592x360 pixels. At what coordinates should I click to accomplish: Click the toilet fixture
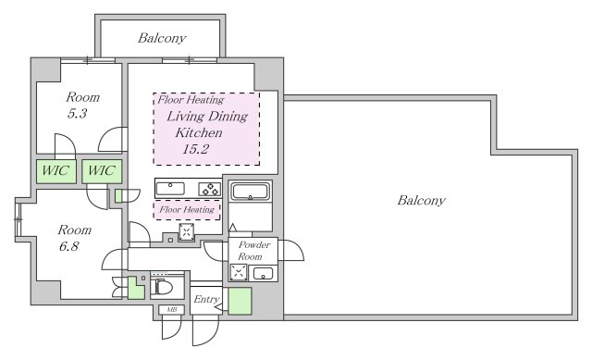[x=163, y=286]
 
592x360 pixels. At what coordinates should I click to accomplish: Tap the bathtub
[x=251, y=192]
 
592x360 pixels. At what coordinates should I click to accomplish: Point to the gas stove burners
[x=210, y=189]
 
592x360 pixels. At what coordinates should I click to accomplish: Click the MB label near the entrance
[x=172, y=310]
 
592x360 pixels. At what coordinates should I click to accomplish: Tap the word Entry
[x=206, y=300]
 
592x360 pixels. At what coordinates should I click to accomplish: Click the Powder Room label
[x=253, y=251]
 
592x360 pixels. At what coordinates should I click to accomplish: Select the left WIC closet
[x=56, y=171]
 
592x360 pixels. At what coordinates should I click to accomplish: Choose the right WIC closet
[x=102, y=171]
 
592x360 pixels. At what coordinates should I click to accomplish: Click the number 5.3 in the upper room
[x=77, y=113]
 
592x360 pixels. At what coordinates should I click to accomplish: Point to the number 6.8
[x=68, y=246]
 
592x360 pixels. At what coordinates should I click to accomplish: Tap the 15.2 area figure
[x=195, y=149]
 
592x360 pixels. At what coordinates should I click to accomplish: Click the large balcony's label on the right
[x=422, y=200]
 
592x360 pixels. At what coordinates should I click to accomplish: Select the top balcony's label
[x=162, y=38]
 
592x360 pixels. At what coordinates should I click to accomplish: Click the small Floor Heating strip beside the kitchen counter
[x=187, y=210]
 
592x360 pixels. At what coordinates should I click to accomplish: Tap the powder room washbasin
[x=263, y=273]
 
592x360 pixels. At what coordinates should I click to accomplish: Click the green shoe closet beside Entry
[x=240, y=301]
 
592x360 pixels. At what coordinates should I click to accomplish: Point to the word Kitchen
[x=199, y=133]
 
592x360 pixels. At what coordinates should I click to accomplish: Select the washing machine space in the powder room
[x=239, y=272]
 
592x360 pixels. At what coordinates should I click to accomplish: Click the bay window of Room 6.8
[x=18, y=219]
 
